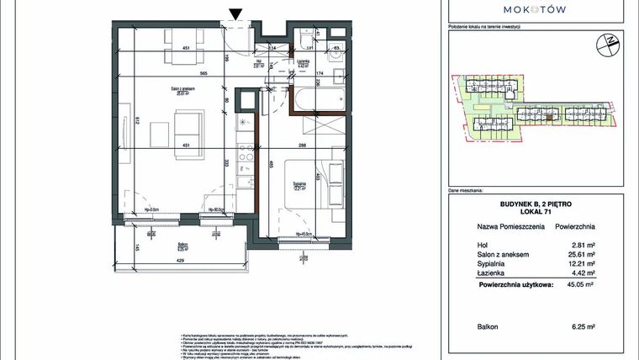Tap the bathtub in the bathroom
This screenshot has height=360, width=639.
click(315, 99)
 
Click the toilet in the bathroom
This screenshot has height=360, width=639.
click(304, 41)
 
